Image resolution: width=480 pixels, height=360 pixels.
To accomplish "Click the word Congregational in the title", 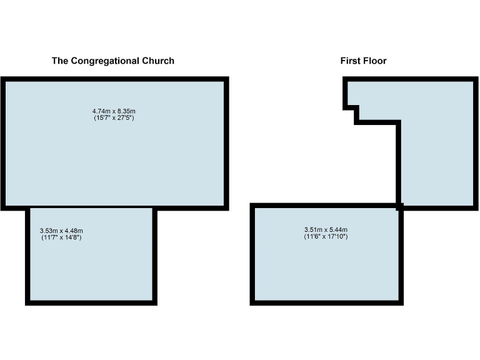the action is coord(104,61).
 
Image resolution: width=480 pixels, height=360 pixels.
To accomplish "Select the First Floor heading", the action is coord(363,61).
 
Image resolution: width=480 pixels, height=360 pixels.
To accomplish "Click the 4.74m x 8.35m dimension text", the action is coord(113,111).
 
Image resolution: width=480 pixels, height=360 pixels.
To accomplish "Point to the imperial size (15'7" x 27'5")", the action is coord(113,117).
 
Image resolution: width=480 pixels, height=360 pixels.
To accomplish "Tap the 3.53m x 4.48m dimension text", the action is coord(61,231).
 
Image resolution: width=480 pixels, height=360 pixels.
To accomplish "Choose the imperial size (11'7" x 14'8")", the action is coord(61,237).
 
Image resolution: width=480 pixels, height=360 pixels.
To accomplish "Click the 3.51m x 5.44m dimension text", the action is coord(326,230).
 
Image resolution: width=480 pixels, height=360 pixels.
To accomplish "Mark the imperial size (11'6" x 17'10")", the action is coord(326,236).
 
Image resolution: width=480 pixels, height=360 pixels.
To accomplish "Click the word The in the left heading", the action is coord(59,61).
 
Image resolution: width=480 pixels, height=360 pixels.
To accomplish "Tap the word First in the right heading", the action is coord(350,61).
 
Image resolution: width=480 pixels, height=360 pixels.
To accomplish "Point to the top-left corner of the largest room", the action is coord(2,79).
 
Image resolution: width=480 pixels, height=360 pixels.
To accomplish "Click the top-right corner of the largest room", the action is coord(226,79).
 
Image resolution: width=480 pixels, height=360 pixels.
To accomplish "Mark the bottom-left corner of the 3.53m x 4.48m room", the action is coord(28,302).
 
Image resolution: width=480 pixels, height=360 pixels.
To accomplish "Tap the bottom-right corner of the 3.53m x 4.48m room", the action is coord(154,302).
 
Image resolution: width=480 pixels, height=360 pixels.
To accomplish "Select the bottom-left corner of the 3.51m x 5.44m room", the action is coord(252,302).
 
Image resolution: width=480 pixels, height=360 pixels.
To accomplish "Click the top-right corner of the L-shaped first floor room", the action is coord(476,79).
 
